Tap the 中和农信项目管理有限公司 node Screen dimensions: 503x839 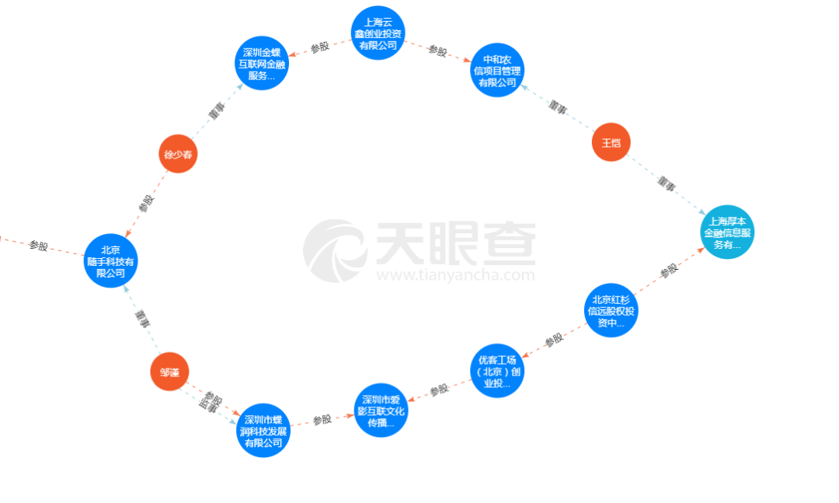click(497, 71)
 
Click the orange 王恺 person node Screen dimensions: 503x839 click(611, 143)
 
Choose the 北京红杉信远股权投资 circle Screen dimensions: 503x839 click(611, 310)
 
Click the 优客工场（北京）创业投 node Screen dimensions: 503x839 click(497, 372)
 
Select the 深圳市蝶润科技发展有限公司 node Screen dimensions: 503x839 click(263, 431)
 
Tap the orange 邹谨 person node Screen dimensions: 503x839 click(169, 372)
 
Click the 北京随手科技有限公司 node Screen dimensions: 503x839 click(110, 261)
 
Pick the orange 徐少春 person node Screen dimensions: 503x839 click(178, 155)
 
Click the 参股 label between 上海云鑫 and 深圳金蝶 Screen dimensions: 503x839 click(320, 47)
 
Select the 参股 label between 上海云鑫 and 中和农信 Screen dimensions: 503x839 click(438, 51)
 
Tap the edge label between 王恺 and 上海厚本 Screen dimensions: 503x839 click(666, 184)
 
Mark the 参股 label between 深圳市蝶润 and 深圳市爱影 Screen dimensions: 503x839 click(322, 421)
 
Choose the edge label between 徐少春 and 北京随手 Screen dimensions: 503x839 click(145, 204)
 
